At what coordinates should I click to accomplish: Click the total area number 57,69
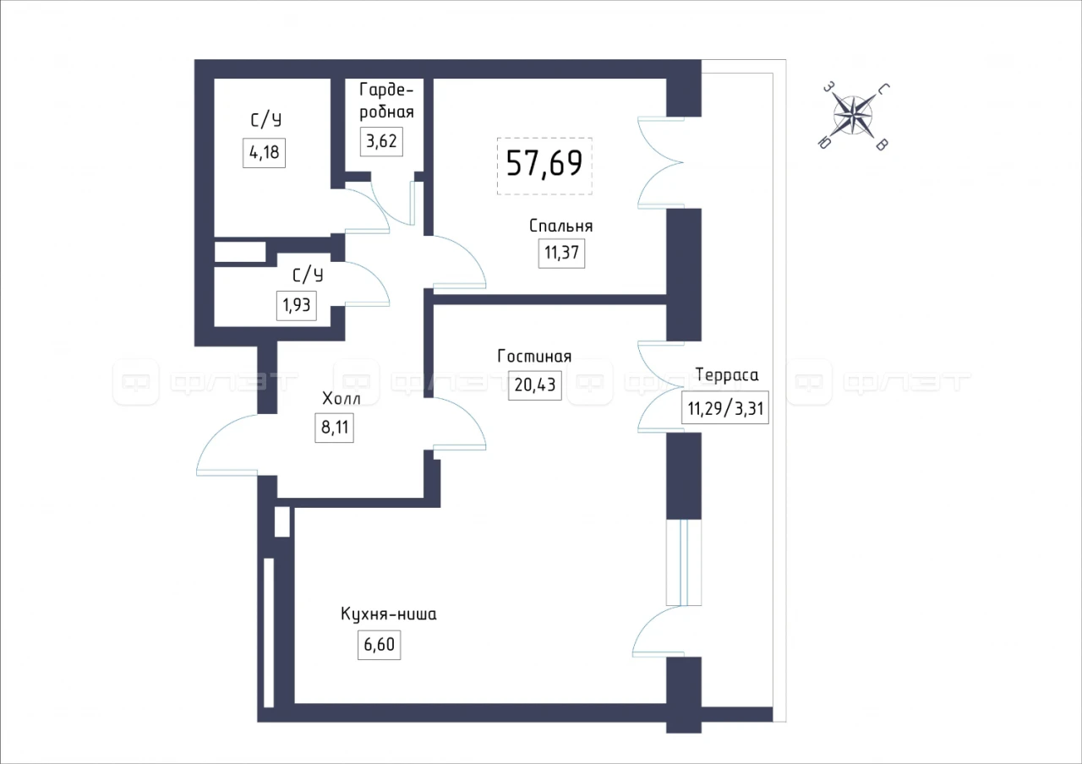[544, 163]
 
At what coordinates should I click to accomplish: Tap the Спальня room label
[560, 226]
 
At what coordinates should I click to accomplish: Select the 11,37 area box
[562, 253]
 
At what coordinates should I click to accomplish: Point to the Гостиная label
[534, 357]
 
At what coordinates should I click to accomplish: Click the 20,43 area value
[535, 385]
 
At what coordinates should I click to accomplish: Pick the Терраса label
[727, 374]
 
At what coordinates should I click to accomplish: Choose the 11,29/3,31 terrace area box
[725, 408]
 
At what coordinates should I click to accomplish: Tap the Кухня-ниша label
[388, 614]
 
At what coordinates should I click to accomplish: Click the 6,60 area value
[380, 645]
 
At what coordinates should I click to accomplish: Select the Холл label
[341, 399]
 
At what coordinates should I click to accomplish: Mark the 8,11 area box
[334, 428]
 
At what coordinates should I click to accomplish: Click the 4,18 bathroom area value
[265, 153]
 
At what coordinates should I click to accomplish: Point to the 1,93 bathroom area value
[296, 305]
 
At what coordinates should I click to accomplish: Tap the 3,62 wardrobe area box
[381, 141]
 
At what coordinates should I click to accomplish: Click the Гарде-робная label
[386, 101]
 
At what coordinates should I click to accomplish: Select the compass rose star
[853, 116]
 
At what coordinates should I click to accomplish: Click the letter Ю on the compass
[824, 143]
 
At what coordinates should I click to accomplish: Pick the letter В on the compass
[882, 145]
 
